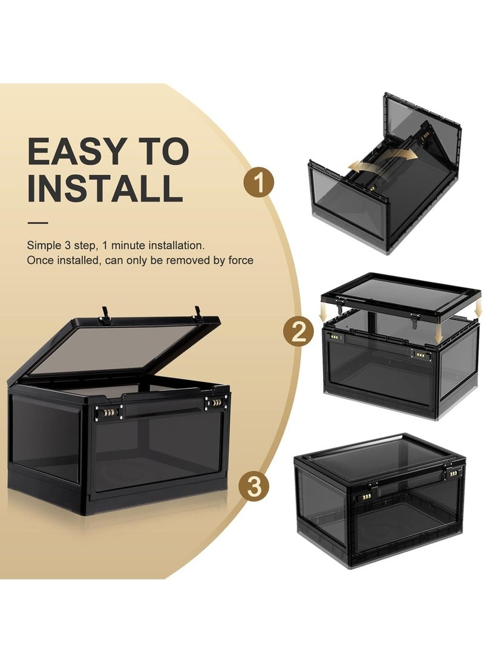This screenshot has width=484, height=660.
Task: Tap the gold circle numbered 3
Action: (253, 488)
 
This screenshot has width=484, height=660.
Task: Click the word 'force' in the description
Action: (241, 261)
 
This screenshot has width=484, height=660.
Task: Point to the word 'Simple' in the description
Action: (41, 246)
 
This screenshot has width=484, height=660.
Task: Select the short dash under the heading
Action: (38, 223)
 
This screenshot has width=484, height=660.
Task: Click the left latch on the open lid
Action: (106, 315)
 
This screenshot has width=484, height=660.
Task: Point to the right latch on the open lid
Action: (198, 313)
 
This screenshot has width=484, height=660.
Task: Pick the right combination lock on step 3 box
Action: (450, 475)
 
